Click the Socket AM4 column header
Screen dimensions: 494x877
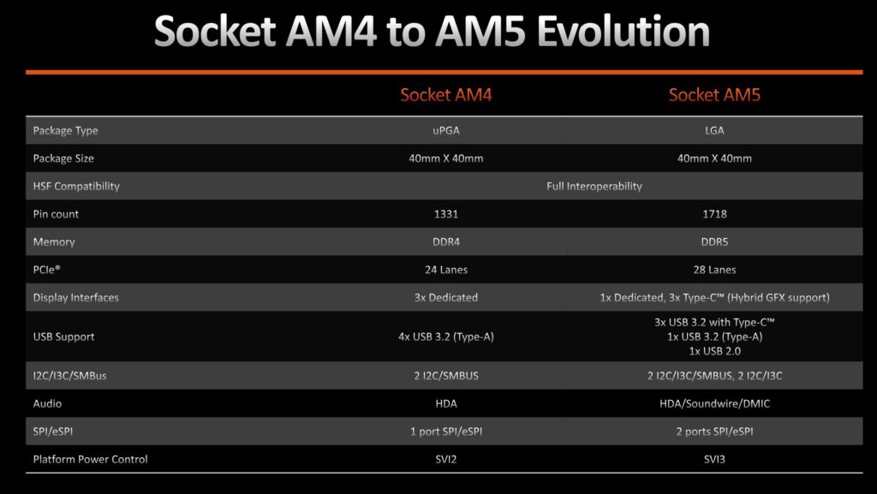(445, 95)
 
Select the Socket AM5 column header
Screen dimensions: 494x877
(714, 95)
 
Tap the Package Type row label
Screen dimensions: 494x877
(65, 131)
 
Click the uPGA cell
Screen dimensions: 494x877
(445, 131)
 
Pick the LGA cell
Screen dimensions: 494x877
(714, 131)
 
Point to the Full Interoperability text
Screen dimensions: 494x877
(594, 186)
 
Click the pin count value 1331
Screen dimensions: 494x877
(445, 214)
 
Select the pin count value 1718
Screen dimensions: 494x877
(714, 214)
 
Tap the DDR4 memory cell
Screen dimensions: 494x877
(445, 242)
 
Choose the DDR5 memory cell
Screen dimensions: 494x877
(714, 242)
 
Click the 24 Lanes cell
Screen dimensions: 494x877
(445, 270)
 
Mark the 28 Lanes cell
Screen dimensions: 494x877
(714, 270)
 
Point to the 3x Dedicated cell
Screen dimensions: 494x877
(445, 298)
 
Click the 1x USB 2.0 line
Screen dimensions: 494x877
(714, 351)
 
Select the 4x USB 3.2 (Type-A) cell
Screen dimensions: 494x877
(445, 336)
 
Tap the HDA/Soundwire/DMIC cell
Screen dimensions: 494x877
(714, 403)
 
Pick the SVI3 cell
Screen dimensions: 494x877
(714, 460)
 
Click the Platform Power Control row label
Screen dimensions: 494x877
(90, 460)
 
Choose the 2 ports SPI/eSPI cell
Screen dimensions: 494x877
(714, 432)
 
